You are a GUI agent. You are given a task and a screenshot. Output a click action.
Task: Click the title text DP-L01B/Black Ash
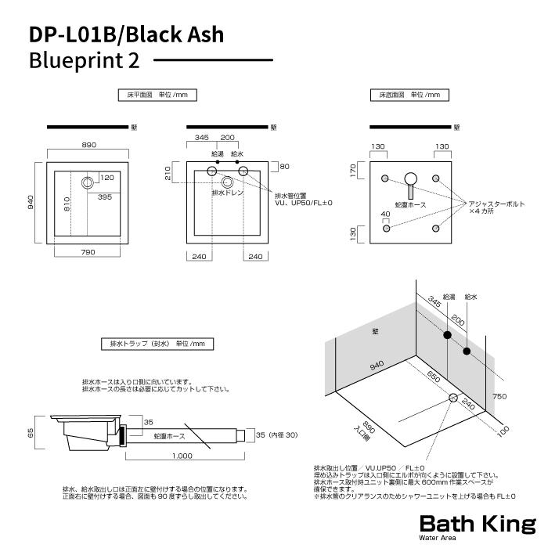coord(125,34)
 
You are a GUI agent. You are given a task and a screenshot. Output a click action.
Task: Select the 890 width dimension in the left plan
coord(88,145)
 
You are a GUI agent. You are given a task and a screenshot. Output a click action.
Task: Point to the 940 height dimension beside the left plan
coord(31,202)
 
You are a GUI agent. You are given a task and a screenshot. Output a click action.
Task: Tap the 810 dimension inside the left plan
coord(69,205)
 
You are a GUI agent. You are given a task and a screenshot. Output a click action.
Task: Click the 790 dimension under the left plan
coord(88,252)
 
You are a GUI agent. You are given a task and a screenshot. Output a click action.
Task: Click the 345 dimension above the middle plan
coord(201,137)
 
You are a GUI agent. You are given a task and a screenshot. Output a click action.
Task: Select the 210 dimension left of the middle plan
coord(168,173)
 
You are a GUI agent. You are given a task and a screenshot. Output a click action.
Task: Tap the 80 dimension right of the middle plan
coord(284,166)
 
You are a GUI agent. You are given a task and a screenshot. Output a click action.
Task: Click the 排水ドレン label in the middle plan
coord(227,193)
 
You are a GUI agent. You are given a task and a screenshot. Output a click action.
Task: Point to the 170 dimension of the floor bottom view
coord(354,170)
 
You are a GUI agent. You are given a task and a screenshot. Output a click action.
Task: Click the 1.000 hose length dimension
coord(184,456)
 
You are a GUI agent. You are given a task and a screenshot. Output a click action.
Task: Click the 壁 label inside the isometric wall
coord(375,332)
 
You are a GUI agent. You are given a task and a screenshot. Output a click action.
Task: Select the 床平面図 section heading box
coord(153,95)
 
